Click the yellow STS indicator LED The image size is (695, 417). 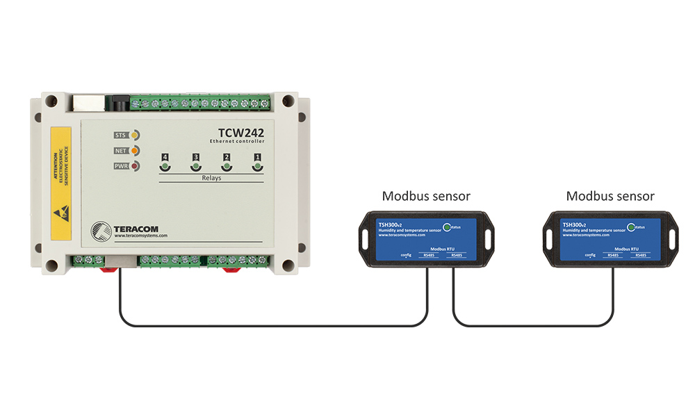(134, 135)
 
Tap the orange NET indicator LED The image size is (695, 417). (134, 150)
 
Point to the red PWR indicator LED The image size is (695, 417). (134, 166)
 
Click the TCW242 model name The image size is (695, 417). (240, 129)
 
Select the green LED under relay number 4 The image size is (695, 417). (165, 167)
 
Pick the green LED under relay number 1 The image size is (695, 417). (257, 167)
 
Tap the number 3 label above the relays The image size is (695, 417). (196, 158)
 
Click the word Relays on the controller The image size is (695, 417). (211, 178)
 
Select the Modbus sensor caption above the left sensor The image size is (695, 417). (426, 197)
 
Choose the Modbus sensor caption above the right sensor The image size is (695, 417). (610, 197)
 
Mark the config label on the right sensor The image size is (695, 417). (590, 255)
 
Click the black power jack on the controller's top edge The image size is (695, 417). (119, 104)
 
